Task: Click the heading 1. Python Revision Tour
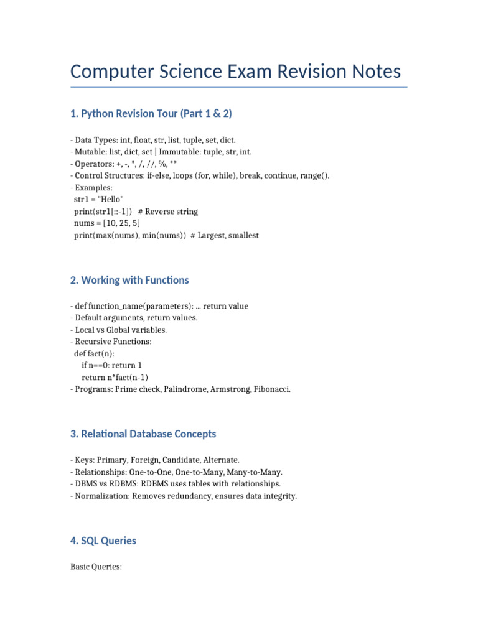[x=151, y=113]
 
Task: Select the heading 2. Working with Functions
[x=129, y=280]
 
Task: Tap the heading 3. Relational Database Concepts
[x=143, y=434]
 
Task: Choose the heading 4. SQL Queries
[x=103, y=541]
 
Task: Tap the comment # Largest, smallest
[x=225, y=235]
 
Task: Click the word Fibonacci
[x=271, y=389]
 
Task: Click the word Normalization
[x=101, y=495]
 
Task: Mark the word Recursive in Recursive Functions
[x=94, y=342]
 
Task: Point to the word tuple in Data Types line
[x=196, y=140]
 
